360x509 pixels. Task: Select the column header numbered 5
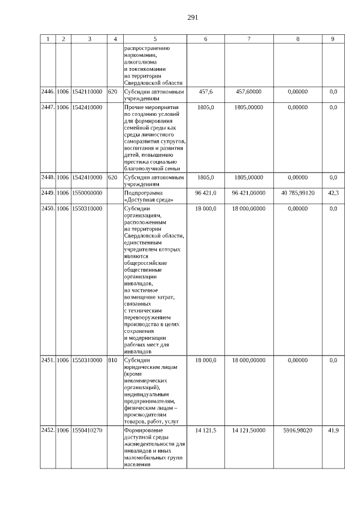155,39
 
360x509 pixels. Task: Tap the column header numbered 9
333,39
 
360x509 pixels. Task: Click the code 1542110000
87,91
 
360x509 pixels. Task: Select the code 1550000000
87,193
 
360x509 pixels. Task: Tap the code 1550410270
87,430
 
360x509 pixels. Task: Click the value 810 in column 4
112,360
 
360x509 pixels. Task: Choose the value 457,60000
248,91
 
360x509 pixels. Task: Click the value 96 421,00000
248,193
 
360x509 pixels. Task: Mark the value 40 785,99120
298,193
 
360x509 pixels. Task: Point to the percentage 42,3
333,193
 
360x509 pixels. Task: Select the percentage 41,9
333,430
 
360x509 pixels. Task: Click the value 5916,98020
298,430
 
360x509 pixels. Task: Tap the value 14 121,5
205,430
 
